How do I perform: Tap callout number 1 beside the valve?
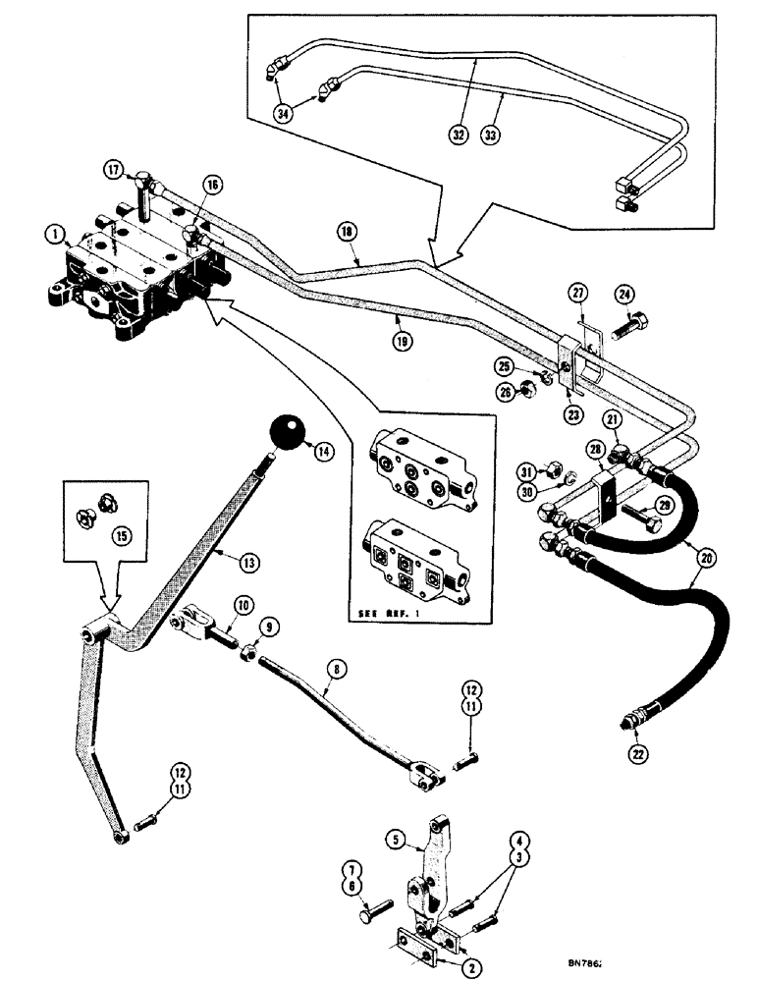(53, 234)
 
